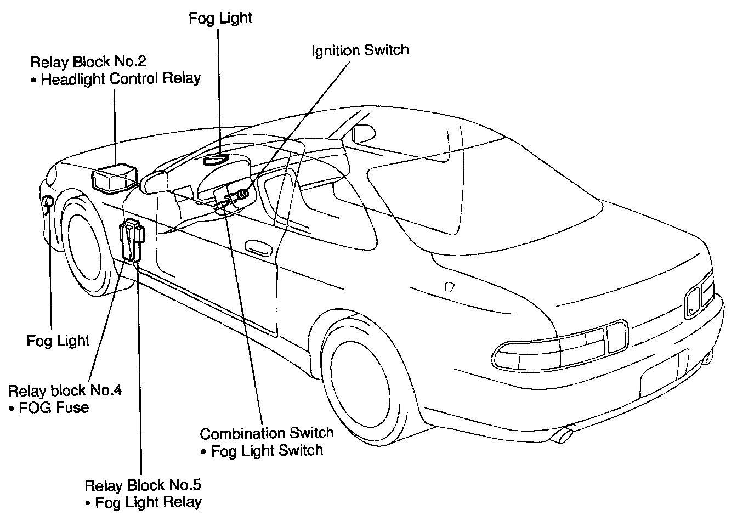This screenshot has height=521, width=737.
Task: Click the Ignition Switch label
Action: click(360, 50)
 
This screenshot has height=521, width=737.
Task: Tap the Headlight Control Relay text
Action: click(121, 78)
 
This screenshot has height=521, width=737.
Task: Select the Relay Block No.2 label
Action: click(88, 61)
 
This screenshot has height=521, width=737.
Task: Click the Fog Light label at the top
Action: click(220, 18)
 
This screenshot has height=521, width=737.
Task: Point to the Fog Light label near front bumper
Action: click(58, 341)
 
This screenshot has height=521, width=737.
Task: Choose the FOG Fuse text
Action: click(53, 407)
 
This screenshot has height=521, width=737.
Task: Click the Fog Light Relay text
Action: click(148, 502)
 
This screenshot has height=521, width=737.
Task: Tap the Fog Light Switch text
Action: click(267, 450)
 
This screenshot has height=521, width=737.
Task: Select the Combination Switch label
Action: click(267, 433)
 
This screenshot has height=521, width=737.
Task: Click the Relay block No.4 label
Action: click(65, 390)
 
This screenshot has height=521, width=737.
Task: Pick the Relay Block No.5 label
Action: click(143, 485)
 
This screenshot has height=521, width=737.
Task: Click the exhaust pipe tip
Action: click(560, 435)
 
